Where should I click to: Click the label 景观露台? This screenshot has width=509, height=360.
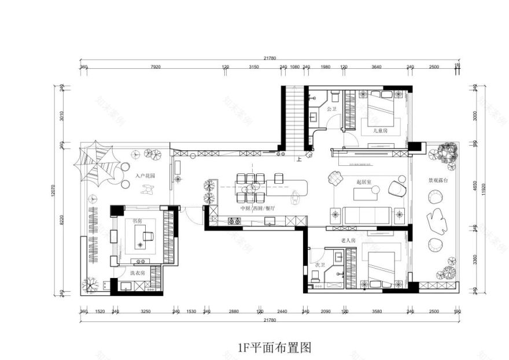(x=437, y=180)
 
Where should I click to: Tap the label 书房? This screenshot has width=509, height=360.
(x=137, y=221)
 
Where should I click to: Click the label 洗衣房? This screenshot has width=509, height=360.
(x=137, y=272)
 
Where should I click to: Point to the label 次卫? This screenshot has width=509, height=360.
(x=318, y=265)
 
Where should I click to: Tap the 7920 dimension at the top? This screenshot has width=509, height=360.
(x=154, y=67)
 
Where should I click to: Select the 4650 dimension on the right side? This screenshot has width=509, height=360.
(x=474, y=188)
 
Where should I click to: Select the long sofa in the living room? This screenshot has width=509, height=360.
(x=366, y=215)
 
